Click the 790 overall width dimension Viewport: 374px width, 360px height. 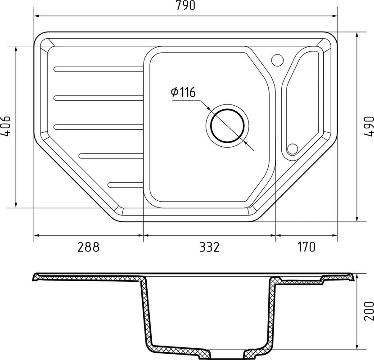185,5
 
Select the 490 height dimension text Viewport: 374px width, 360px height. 369,126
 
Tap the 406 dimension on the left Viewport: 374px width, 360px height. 5,126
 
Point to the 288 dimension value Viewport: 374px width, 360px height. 88,247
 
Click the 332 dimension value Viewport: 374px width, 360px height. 209,247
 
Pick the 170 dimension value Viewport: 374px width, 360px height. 306,247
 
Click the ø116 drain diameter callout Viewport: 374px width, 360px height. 183,92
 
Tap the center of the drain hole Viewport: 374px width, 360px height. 228,126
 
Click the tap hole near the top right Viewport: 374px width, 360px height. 277,59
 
